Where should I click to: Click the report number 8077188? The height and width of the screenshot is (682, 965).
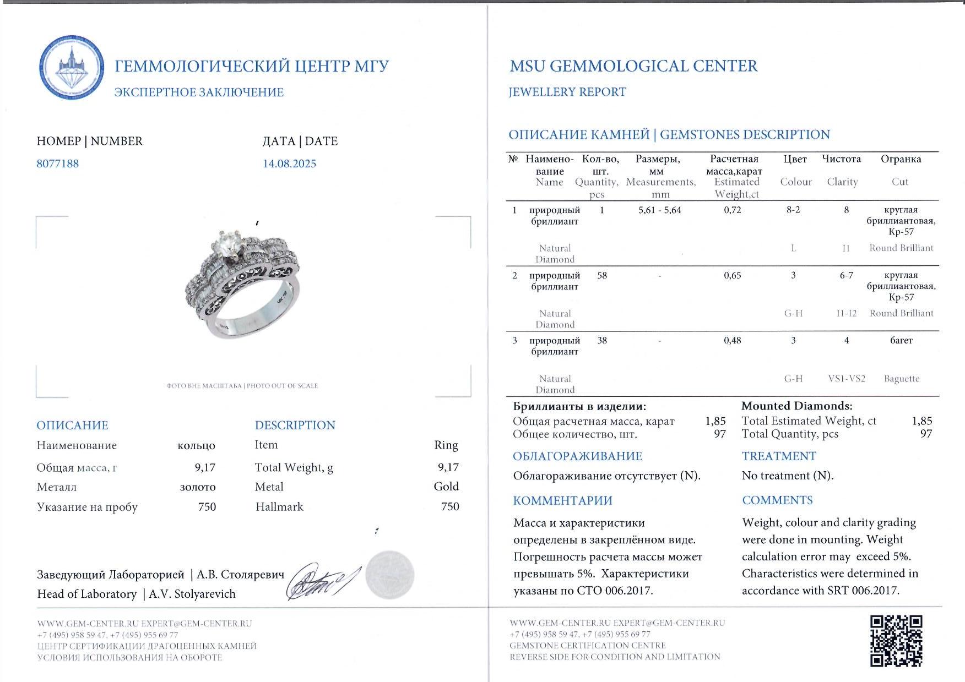(x=58, y=163)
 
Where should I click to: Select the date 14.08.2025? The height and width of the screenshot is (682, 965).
(x=289, y=163)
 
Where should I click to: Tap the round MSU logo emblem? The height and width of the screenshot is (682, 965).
(x=72, y=68)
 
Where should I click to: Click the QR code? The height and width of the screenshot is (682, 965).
(x=896, y=640)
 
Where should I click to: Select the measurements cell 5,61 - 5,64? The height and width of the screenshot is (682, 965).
(x=659, y=210)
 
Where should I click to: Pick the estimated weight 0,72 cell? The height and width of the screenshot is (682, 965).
(x=732, y=210)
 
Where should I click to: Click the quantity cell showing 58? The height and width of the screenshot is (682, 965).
(x=602, y=275)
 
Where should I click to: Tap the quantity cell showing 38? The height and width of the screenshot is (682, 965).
(x=602, y=340)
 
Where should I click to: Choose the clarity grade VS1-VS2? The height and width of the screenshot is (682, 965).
(x=847, y=379)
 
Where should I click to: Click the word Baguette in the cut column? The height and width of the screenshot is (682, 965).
(x=901, y=379)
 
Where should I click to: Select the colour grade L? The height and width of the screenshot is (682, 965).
(x=793, y=248)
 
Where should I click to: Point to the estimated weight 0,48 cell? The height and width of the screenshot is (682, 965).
(x=732, y=340)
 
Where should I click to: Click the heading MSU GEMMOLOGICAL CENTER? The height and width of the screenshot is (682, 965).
(x=633, y=66)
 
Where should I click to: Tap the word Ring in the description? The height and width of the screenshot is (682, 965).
(x=446, y=445)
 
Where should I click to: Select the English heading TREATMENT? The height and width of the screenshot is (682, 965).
(x=778, y=456)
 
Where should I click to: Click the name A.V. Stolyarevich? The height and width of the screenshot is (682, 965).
(x=192, y=594)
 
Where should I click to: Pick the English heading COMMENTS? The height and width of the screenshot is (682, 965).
(x=777, y=500)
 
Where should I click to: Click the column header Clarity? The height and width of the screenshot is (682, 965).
(x=842, y=182)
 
